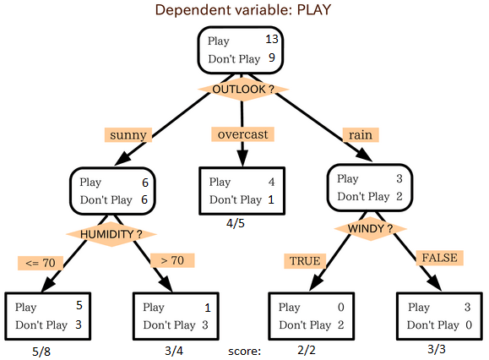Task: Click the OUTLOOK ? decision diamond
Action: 243,90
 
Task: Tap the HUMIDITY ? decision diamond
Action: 111,234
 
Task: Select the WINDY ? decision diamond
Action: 370,229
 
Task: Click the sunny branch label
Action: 128,134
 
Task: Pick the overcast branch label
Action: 242,134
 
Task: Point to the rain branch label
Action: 361,134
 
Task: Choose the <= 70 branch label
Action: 41,263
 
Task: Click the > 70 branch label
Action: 172,260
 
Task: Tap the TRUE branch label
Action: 305,261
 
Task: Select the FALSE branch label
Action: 440,258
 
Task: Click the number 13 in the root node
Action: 272,39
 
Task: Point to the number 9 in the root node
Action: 272,57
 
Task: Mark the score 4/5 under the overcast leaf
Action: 236,223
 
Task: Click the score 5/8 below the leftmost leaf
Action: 41,352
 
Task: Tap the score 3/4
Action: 174,351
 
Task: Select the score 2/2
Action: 307,350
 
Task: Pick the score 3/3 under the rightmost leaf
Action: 437,349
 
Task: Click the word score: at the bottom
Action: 245,352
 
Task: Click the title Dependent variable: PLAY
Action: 243,9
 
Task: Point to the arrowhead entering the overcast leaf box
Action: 242,158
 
